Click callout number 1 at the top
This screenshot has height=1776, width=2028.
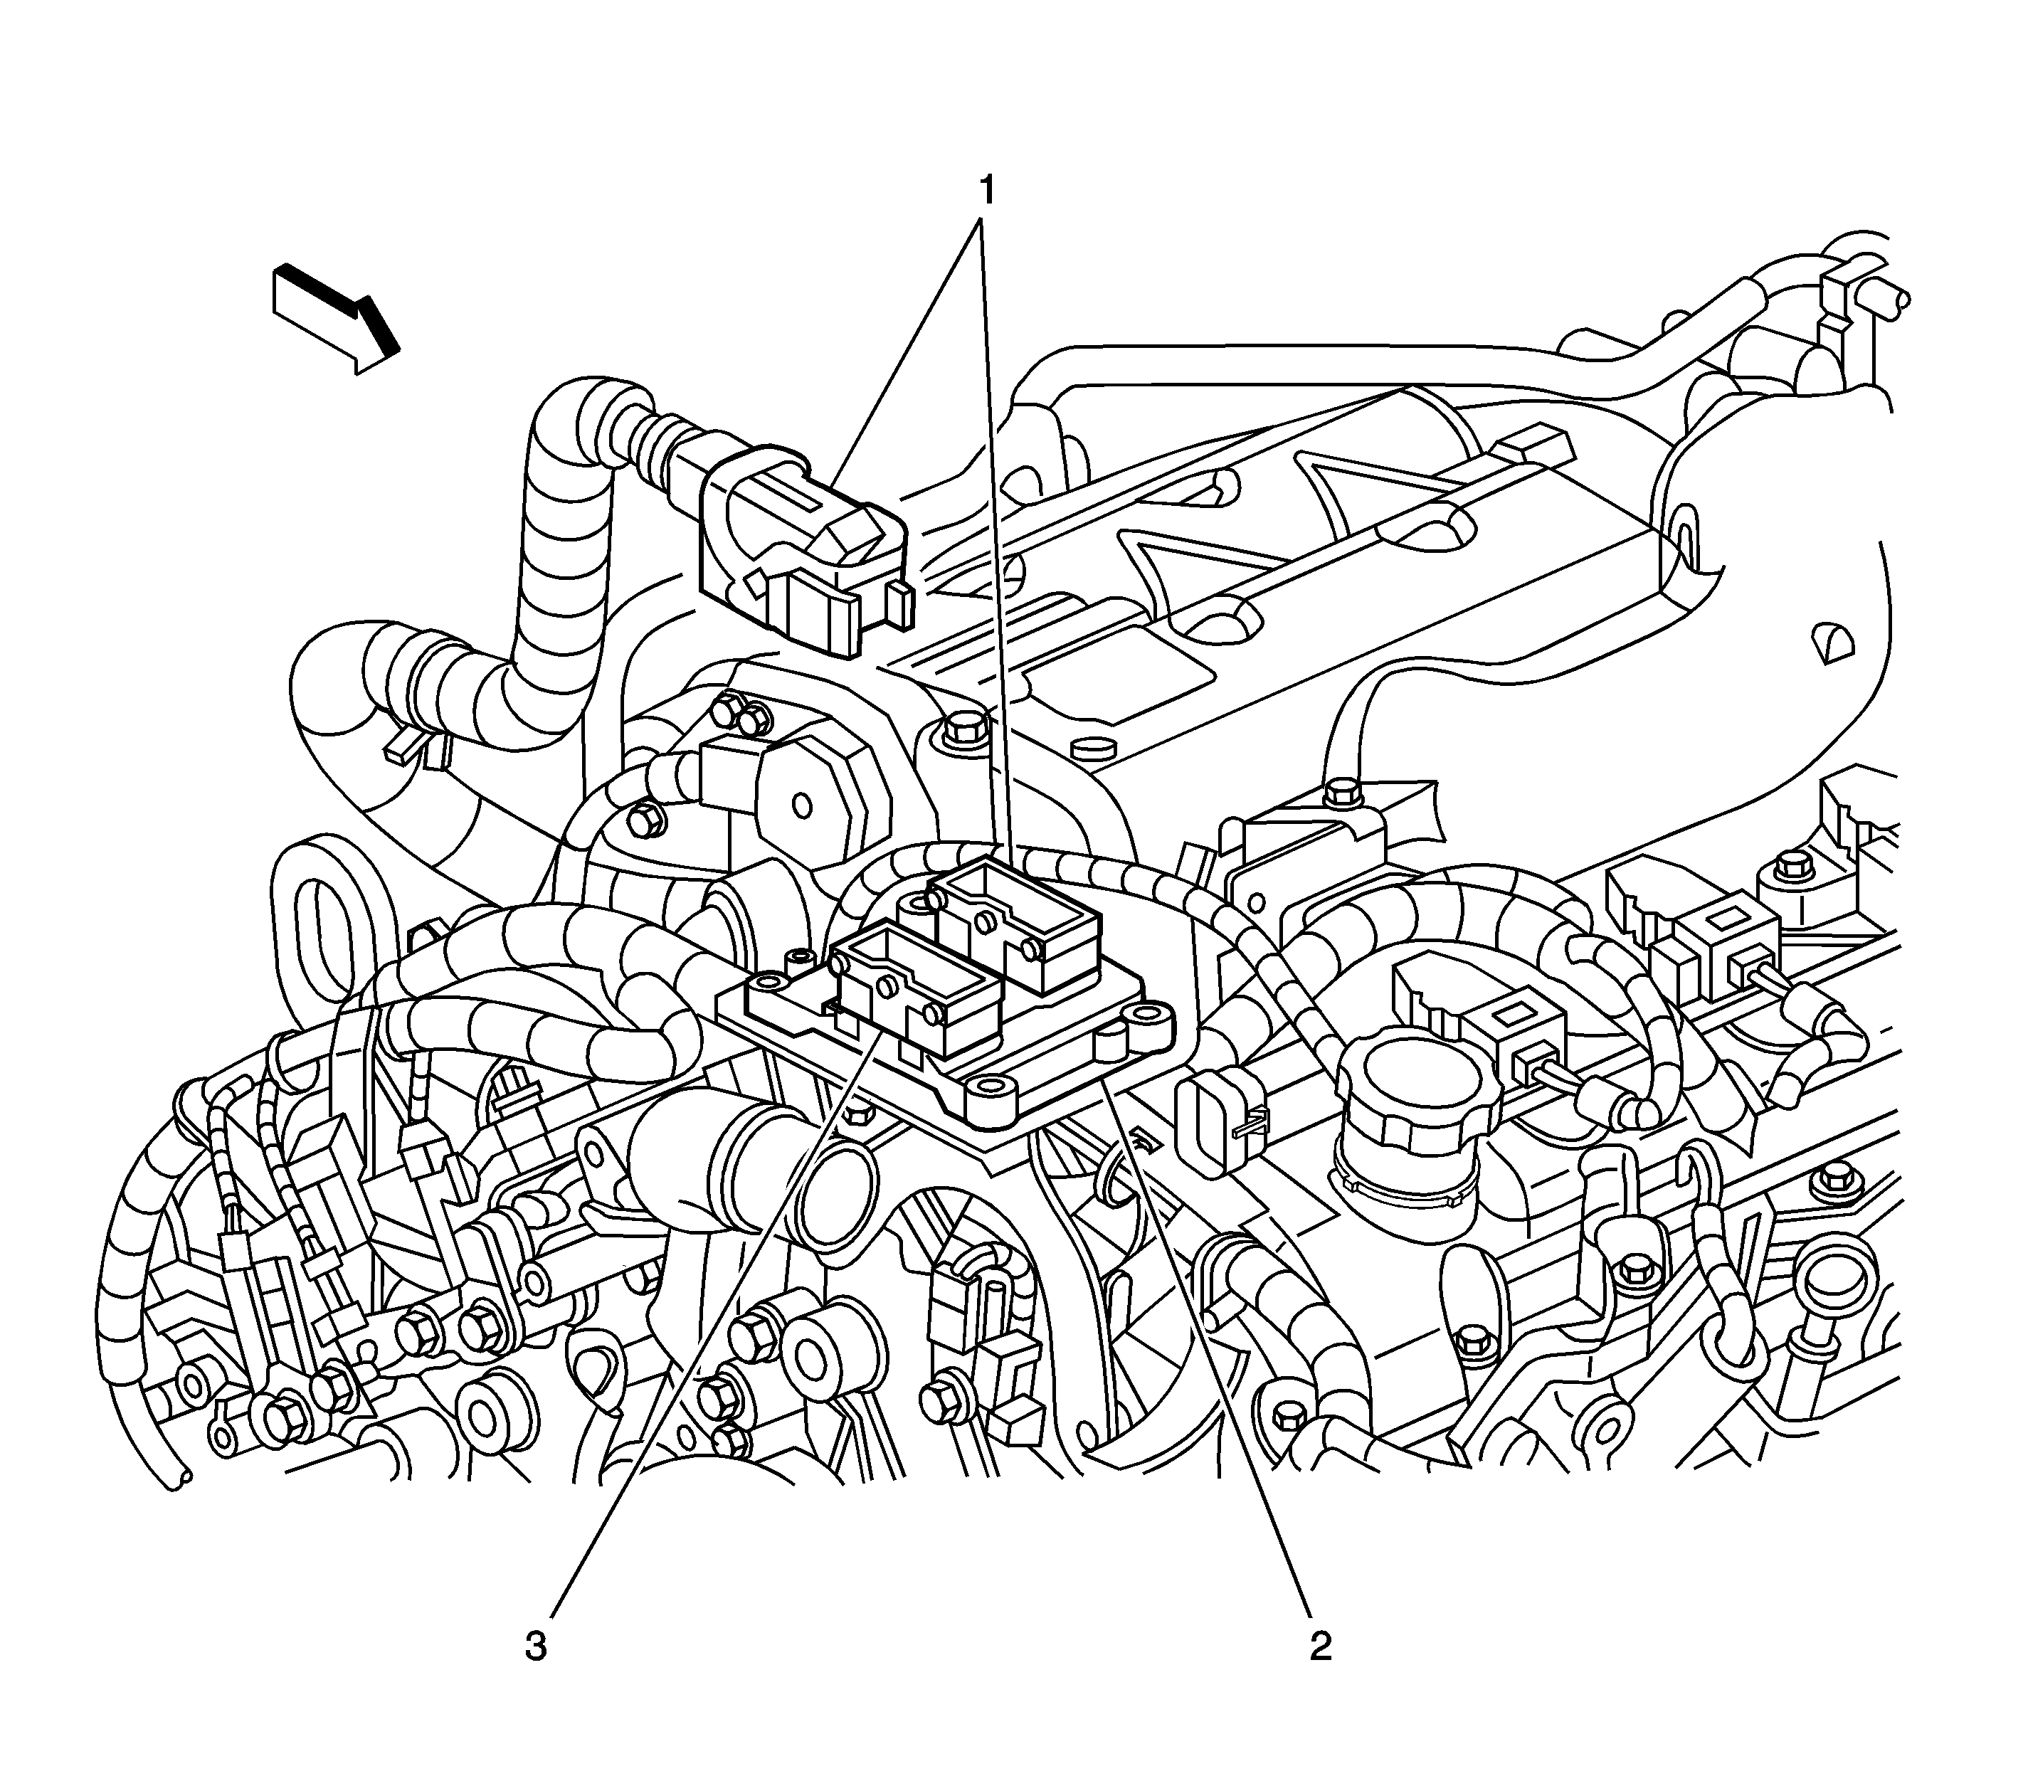click(x=986, y=186)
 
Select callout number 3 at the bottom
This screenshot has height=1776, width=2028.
click(x=535, y=1646)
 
